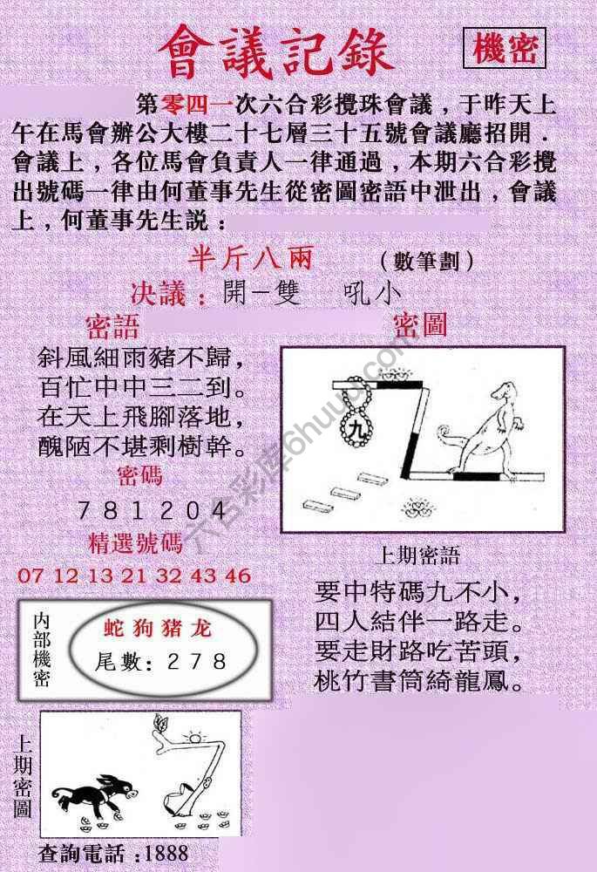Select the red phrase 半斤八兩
[x=250, y=260]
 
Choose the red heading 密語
[x=113, y=328]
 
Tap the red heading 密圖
[x=420, y=326]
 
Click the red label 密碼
[x=139, y=476]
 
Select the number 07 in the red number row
[x=30, y=576]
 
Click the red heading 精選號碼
[x=136, y=544]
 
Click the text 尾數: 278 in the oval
[x=161, y=663]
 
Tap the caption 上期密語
[x=419, y=555]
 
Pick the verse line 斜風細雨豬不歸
[x=138, y=358]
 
